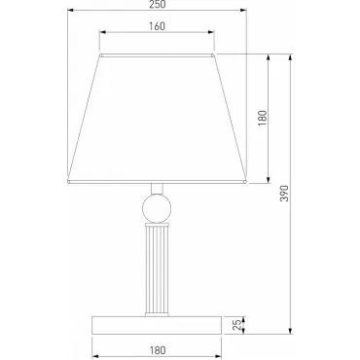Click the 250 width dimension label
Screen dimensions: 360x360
click(x=158, y=4)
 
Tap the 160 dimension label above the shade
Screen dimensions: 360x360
click(x=158, y=26)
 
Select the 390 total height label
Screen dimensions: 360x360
click(x=284, y=194)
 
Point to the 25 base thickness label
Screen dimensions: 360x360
click(x=237, y=325)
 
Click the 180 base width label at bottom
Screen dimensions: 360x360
click(x=158, y=350)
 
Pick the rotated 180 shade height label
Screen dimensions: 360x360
click(x=263, y=118)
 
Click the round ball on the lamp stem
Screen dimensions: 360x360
click(x=157, y=208)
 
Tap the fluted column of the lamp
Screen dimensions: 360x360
click(x=157, y=270)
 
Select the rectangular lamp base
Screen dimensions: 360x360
click(x=157, y=325)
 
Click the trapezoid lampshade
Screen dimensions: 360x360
click(x=158, y=119)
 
